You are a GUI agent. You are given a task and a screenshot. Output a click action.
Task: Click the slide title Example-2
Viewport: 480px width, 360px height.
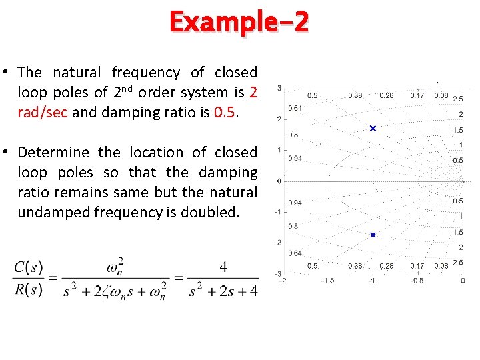click(239, 23)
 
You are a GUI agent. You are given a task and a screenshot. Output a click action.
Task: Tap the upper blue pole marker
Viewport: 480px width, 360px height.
click(373, 128)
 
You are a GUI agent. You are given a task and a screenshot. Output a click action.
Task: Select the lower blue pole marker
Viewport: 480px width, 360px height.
click(373, 235)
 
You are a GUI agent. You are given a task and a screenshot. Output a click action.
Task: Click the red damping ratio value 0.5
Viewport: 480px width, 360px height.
click(225, 112)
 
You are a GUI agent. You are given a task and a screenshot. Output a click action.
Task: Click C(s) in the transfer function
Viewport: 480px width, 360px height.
click(28, 268)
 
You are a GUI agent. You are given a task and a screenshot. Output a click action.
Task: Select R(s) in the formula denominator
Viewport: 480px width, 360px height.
click(28, 290)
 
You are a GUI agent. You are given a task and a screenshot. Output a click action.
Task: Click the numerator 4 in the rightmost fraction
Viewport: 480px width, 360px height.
click(223, 267)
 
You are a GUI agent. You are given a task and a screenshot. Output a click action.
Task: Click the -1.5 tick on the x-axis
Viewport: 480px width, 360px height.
click(327, 281)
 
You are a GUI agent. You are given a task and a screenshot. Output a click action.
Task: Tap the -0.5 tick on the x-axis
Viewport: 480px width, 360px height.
click(417, 281)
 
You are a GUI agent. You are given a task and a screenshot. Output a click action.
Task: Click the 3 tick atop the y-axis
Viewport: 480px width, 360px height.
click(279, 88)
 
